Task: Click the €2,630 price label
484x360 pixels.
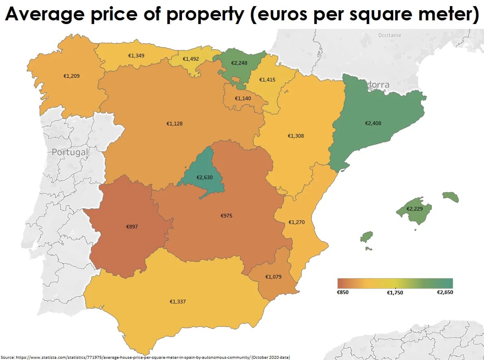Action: [204, 178]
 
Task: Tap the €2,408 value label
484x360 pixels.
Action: [373, 123]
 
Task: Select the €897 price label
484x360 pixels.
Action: [132, 226]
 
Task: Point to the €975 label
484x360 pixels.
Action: [226, 215]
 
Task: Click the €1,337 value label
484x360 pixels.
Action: [178, 301]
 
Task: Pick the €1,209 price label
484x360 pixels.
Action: [71, 75]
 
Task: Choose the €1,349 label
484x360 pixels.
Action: [136, 55]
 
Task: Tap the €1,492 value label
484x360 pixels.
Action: [191, 59]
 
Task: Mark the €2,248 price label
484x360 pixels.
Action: [239, 63]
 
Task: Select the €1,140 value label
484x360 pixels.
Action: [243, 98]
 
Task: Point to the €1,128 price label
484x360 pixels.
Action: [174, 123]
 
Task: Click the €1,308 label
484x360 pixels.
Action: [296, 136]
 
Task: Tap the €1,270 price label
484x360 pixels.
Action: [296, 222]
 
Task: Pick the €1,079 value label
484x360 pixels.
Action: [274, 277]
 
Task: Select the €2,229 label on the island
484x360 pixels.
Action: [415, 209]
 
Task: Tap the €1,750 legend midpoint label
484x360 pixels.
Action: [395, 292]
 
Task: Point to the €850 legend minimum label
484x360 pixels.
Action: [343, 292]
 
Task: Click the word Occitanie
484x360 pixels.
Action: [390, 35]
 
